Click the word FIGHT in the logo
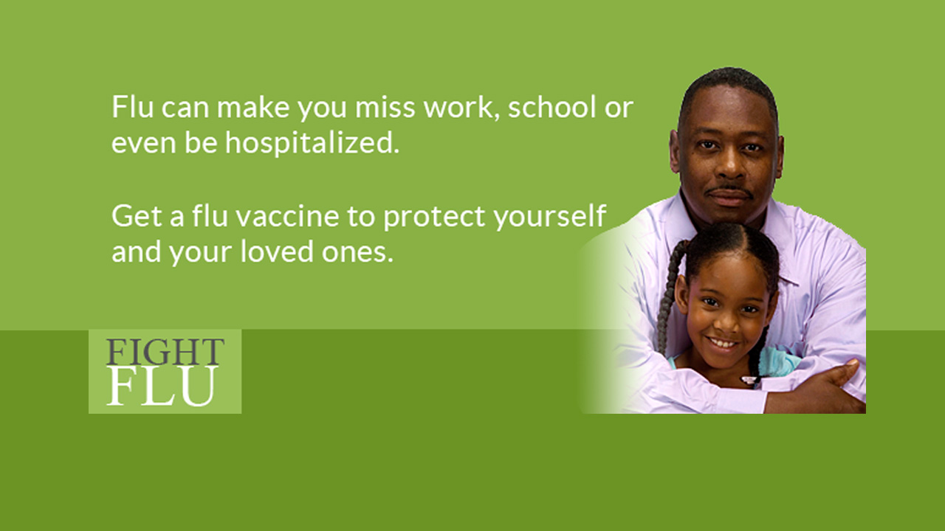pyautogui.click(x=165, y=352)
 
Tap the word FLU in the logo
pyautogui.click(x=163, y=386)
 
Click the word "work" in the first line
pyautogui.click(x=458, y=107)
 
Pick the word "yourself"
pyautogui.click(x=550, y=217)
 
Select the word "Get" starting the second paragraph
pyautogui.click(x=137, y=216)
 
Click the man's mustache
pyautogui.click(x=731, y=190)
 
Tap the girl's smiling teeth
pyautogui.click(x=723, y=344)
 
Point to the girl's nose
pyautogui.click(x=726, y=323)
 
